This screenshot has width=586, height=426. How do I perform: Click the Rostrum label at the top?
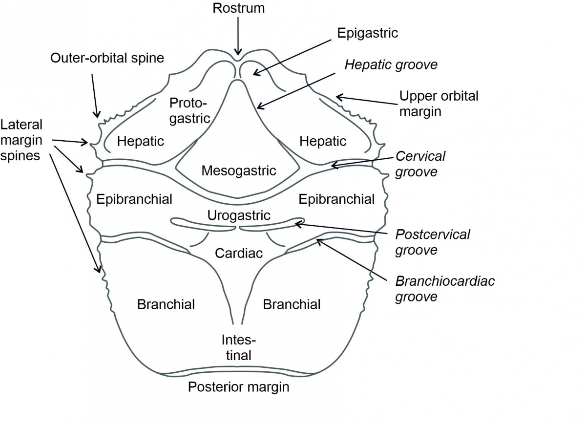click(238, 8)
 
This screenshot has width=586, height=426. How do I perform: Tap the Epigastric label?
click(367, 33)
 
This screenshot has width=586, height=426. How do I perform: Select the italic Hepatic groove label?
click(391, 64)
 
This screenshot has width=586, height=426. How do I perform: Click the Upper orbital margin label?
click(439, 103)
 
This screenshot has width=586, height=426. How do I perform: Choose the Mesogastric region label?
click(238, 170)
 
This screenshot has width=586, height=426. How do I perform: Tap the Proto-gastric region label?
click(188, 110)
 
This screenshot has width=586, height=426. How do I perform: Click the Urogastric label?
click(238, 215)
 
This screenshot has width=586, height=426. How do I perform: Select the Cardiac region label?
click(238, 253)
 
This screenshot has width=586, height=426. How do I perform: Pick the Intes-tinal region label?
click(238, 347)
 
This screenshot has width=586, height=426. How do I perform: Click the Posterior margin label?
click(238, 387)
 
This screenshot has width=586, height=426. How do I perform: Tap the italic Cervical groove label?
click(420, 164)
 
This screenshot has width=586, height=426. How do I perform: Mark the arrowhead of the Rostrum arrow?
click(238, 53)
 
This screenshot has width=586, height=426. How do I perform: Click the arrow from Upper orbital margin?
click(366, 101)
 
